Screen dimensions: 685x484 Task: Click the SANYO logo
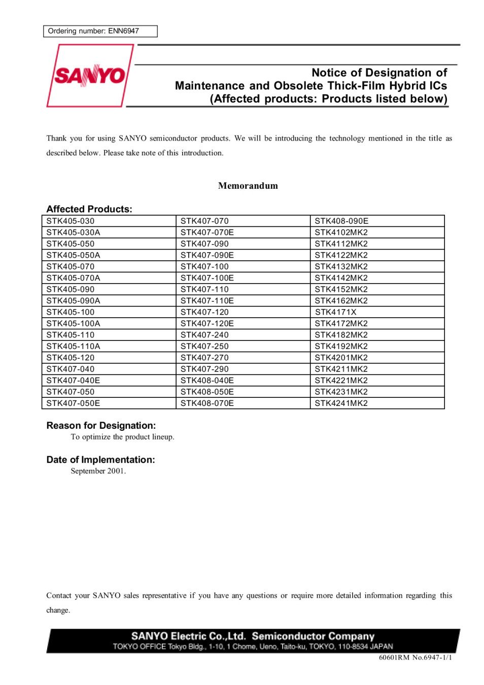click(90, 76)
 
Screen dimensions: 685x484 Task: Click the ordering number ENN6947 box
click(100, 31)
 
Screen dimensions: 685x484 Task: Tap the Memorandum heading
click(248, 186)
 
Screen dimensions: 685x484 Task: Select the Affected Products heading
click(89, 209)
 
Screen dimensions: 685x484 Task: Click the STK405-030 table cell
click(71, 221)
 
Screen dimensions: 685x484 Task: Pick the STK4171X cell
click(335, 312)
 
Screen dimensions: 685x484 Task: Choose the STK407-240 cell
click(204, 335)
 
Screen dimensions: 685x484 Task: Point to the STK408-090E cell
click(341, 221)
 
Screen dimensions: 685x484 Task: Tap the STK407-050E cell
click(73, 403)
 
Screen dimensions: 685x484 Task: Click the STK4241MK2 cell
click(341, 403)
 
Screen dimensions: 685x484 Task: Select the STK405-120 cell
click(71, 358)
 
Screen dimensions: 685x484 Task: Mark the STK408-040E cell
click(207, 381)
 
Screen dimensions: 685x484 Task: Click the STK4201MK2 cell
click(341, 358)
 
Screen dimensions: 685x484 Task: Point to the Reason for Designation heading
click(101, 426)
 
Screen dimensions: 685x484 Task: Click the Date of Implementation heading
click(100, 460)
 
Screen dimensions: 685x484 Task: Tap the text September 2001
click(98, 471)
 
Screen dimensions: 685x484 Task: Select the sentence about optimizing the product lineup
click(122, 437)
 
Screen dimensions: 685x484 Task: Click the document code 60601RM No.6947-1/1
click(415, 658)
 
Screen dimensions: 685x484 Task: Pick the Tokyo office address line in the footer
click(253, 646)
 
